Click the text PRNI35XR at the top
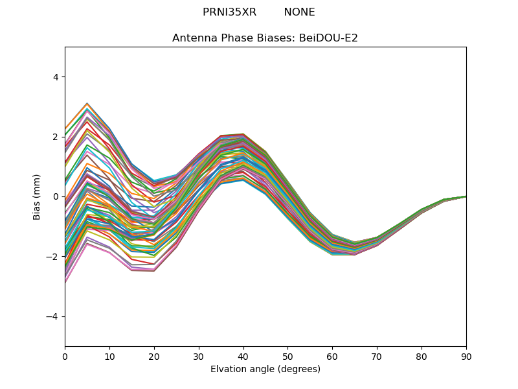pyautogui.click(x=229, y=12)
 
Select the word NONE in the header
pyautogui.click(x=299, y=12)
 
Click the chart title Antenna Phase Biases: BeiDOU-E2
pyautogui.click(x=265, y=38)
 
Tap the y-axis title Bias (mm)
pyautogui.click(x=36, y=197)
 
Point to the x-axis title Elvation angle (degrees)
pyautogui.click(x=265, y=369)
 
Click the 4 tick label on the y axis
pyautogui.click(x=56, y=77)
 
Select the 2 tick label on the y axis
pyautogui.click(x=56, y=137)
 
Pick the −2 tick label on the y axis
pyautogui.click(x=52, y=257)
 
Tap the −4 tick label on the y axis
pyautogui.click(x=52, y=316)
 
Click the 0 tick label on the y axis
pyautogui.click(x=56, y=197)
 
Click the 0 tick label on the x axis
pyautogui.click(x=65, y=357)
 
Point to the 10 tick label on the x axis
pyautogui.click(x=109, y=357)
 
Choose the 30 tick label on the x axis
pyautogui.click(x=199, y=357)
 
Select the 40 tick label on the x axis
pyautogui.click(x=243, y=357)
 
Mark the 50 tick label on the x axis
pyautogui.click(x=287, y=357)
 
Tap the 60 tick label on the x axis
pyautogui.click(x=332, y=357)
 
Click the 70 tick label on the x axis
pyautogui.click(x=377, y=357)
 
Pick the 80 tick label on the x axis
pyautogui.click(x=422, y=357)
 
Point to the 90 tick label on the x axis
pyautogui.click(x=466, y=357)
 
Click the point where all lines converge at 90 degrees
pyautogui.click(x=466, y=196)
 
